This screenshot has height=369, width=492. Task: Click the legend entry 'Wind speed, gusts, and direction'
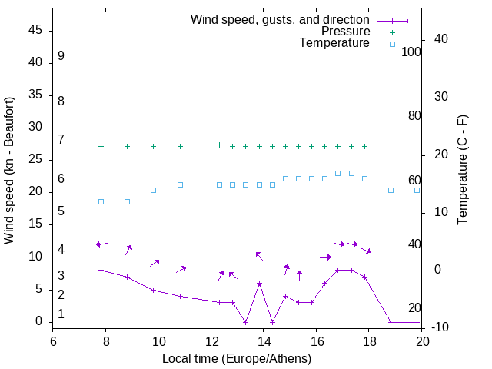(x=280, y=19)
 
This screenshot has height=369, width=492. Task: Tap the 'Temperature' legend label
(x=334, y=43)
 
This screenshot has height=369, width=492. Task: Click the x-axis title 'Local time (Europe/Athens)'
(x=237, y=359)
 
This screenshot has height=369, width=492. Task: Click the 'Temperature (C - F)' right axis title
(x=462, y=171)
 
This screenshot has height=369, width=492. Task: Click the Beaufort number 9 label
(x=61, y=56)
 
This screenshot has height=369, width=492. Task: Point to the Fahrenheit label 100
(x=412, y=52)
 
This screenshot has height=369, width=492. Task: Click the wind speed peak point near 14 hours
(x=259, y=284)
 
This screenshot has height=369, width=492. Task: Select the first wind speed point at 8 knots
(x=101, y=271)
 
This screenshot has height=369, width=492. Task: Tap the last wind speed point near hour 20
(x=417, y=322)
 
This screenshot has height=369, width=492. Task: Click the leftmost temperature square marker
(x=101, y=202)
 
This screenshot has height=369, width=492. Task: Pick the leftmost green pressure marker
(x=101, y=146)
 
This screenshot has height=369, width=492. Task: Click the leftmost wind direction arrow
(x=101, y=244)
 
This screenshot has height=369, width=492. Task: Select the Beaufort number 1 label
(x=61, y=314)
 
